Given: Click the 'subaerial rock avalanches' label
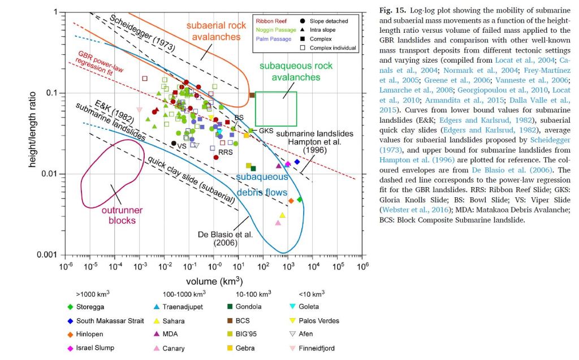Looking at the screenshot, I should click(x=217, y=31).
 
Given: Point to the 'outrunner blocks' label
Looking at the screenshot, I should click(x=122, y=215).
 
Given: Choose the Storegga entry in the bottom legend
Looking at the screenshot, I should click(x=91, y=307).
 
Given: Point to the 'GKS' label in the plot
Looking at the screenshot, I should click(x=266, y=131).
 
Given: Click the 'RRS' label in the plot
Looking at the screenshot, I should click(x=226, y=152).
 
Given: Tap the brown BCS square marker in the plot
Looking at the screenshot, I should click(x=252, y=94).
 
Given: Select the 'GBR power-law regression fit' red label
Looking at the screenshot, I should click(x=98, y=62).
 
